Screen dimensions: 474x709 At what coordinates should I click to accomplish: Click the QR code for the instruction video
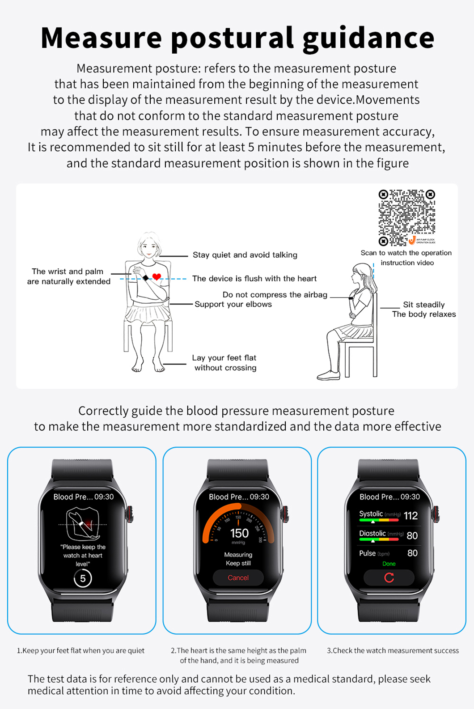coord(407,217)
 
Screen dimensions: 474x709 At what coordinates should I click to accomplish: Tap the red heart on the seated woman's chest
coord(157,276)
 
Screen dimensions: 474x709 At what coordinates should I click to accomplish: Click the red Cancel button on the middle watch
coord(238,577)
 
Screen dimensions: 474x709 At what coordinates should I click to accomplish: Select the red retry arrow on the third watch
coord(389,577)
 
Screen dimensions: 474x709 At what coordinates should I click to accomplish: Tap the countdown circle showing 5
coord(83,578)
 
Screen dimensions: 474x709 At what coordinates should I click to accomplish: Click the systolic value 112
coord(411,516)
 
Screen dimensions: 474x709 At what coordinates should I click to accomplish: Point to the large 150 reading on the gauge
coord(239,533)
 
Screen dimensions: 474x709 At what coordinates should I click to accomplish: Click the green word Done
coord(389,564)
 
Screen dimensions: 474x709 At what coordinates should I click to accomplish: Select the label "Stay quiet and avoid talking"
coord(245,255)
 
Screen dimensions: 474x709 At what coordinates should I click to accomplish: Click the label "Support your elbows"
coord(233,304)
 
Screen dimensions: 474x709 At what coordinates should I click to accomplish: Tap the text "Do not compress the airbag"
coord(275,295)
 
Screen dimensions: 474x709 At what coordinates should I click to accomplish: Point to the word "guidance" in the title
coord(368,38)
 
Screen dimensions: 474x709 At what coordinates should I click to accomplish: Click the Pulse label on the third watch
coord(368,553)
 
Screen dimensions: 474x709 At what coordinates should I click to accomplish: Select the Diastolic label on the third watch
coord(372,533)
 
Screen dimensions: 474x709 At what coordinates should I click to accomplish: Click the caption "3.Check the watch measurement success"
coord(393,650)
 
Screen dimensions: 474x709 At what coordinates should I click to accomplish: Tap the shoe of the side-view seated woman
coord(328,375)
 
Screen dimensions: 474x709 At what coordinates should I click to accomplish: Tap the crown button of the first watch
coord(131,514)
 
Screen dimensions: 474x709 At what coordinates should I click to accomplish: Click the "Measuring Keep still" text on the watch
coord(238,559)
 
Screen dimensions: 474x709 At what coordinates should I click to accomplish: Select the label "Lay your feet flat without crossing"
coord(224,363)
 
